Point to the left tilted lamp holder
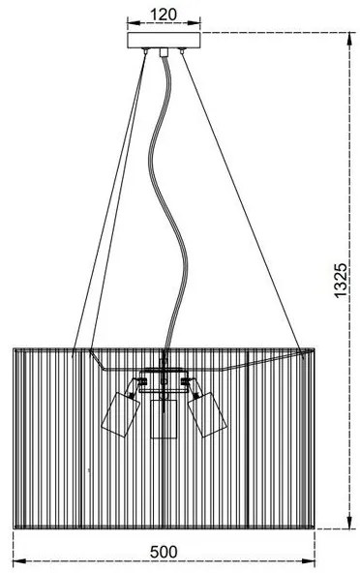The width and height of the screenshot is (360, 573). [120, 411]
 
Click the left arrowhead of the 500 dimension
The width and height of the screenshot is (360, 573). [16, 563]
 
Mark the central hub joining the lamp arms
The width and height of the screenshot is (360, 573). [163, 380]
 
